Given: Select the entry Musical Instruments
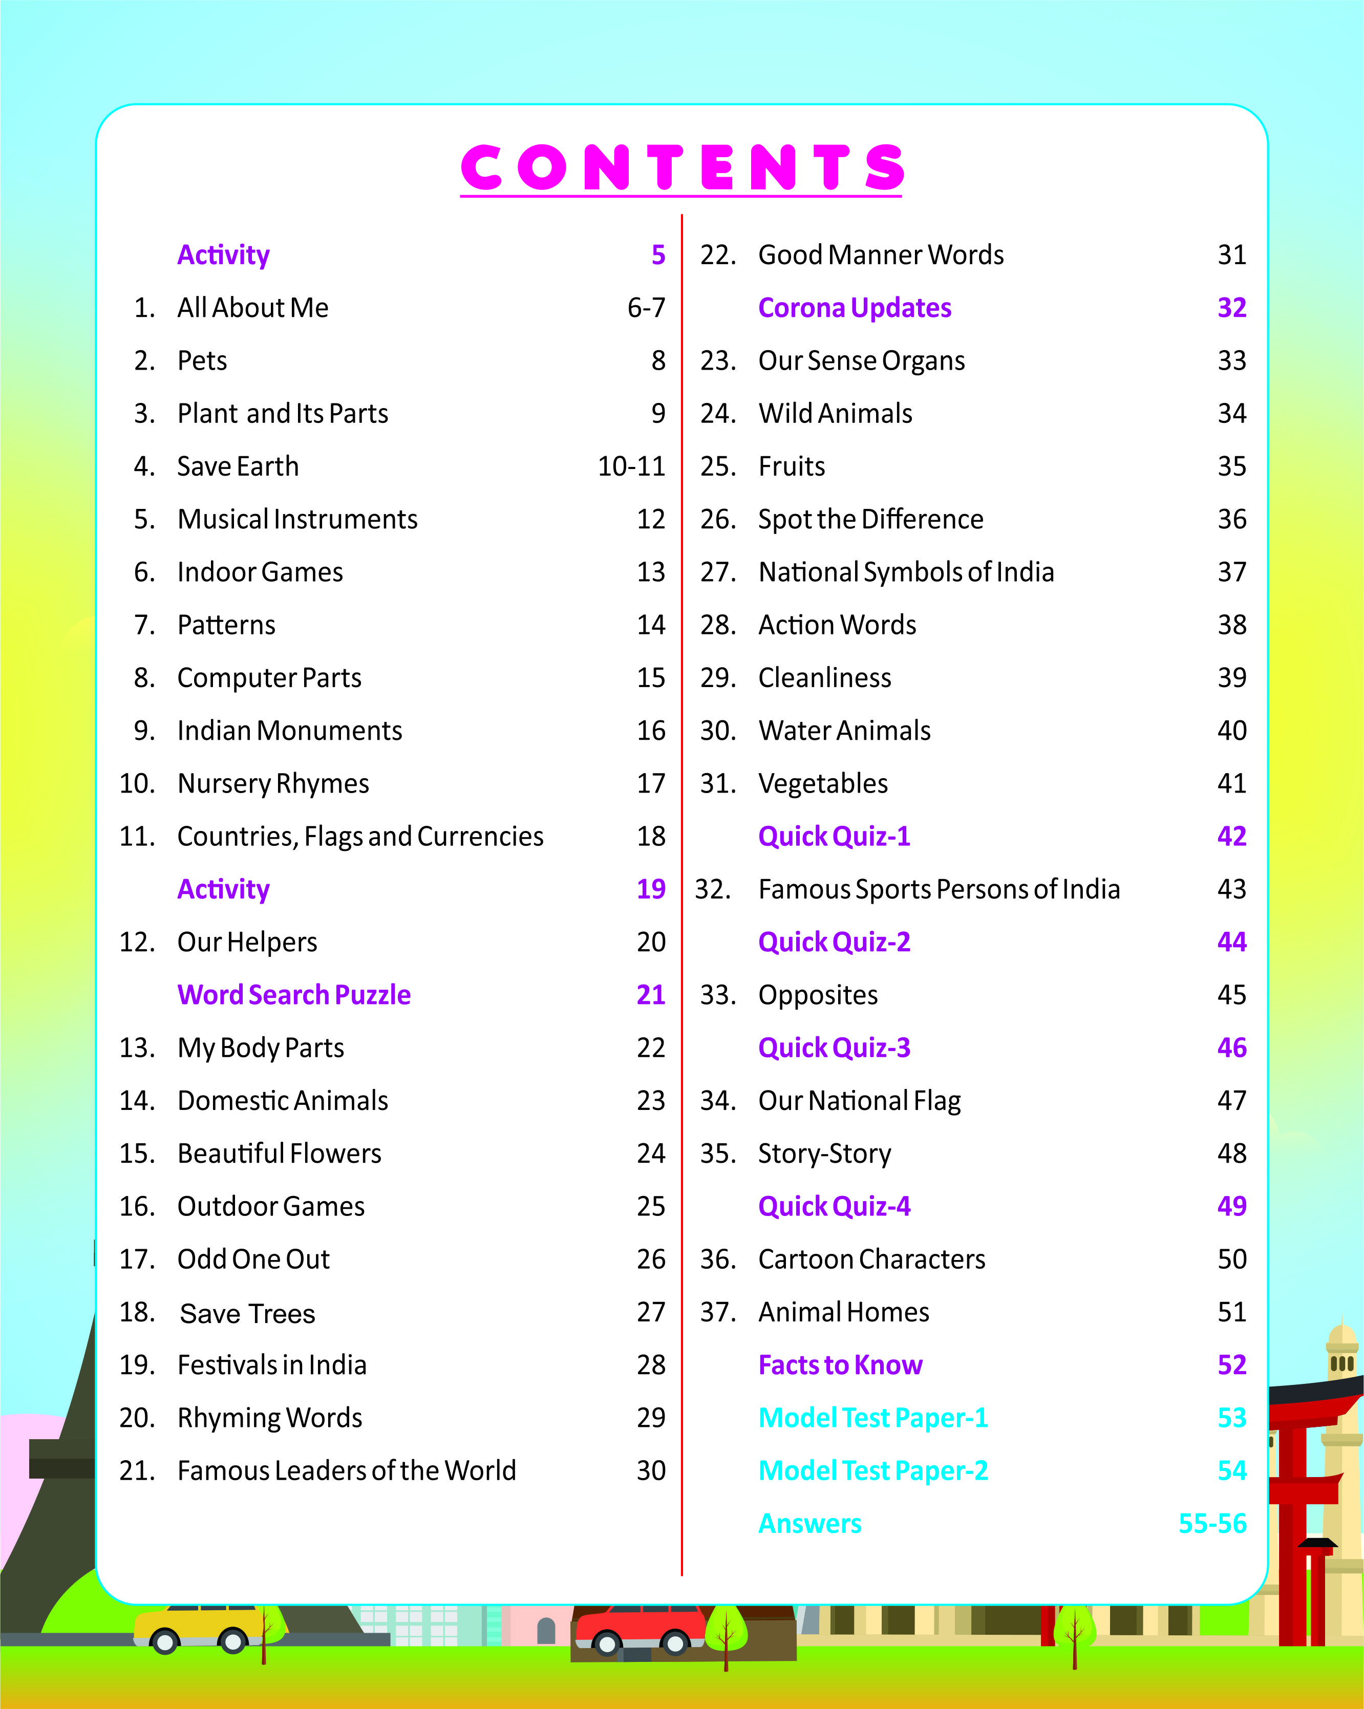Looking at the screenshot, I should click(297, 519).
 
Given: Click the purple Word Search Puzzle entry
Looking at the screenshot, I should click(294, 995).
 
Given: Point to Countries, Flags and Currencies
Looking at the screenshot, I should click(360, 836).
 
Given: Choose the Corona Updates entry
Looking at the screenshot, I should click(855, 308).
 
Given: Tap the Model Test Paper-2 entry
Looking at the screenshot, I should click(872, 1470).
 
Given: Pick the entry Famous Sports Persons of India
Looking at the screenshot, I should click(939, 889).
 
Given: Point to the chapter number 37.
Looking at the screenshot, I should click(717, 1312).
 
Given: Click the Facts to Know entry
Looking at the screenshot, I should click(840, 1365).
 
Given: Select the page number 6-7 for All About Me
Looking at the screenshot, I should click(646, 308).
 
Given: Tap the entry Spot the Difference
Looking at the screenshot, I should click(870, 519).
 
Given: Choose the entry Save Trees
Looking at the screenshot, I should click(247, 1313).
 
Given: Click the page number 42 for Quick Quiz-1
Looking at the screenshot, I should click(1231, 836).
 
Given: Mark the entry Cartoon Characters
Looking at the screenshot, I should click(871, 1259).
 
